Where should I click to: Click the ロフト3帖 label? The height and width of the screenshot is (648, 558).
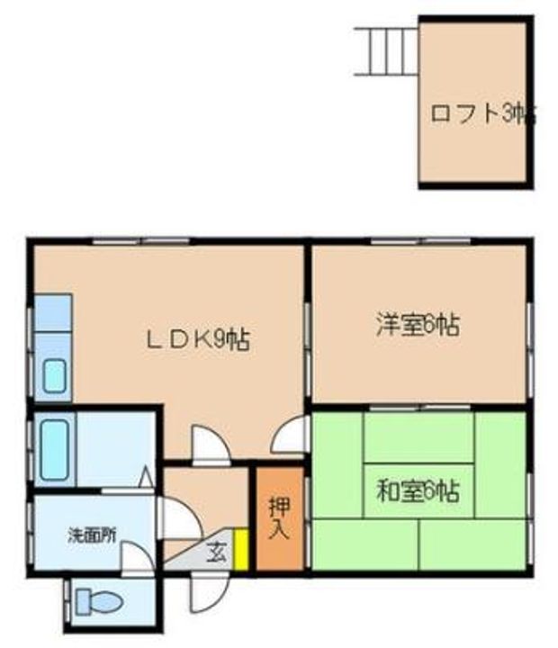[482, 114]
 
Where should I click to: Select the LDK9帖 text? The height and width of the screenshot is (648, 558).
[198, 339]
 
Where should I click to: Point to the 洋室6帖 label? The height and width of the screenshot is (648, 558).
[418, 325]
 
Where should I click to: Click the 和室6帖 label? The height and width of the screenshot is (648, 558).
[418, 491]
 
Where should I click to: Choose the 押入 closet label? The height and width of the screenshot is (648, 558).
[279, 517]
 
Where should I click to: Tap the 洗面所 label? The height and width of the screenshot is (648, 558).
[92, 534]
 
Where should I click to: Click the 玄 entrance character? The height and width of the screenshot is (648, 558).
[218, 551]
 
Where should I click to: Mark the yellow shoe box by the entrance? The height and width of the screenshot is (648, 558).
[240, 549]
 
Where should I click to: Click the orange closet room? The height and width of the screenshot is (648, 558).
[279, 540]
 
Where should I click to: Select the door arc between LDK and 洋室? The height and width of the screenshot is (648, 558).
[290, 436]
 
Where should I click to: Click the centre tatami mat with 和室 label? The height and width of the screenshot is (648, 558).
[418, 491]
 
